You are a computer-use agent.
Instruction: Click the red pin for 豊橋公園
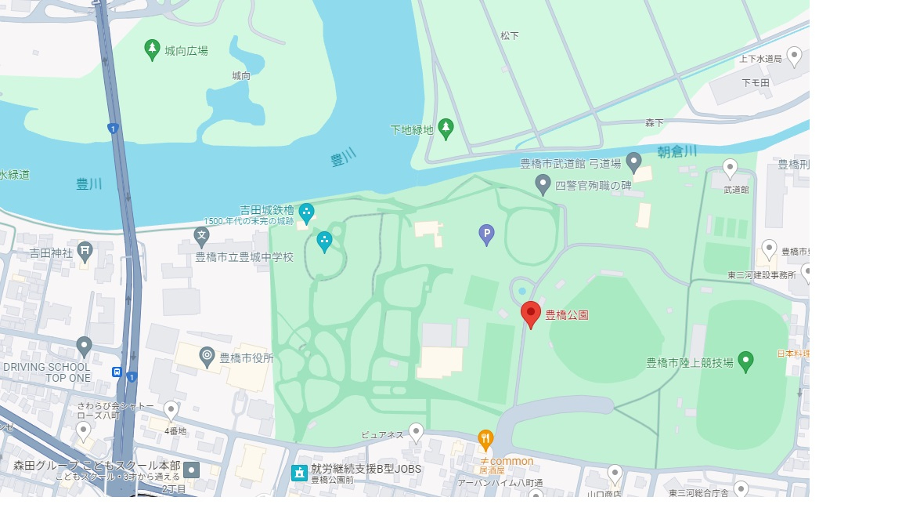point(531,313)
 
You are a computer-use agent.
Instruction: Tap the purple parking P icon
point(486,234)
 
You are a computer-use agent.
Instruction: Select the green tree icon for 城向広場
point(153,49)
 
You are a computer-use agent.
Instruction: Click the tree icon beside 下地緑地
point(446,128)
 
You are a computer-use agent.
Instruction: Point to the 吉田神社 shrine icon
point(85,252)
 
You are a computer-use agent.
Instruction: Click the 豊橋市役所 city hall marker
point(207,357)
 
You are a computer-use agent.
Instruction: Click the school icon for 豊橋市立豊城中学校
point(202,235)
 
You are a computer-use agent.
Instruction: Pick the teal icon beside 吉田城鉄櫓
point(307,211)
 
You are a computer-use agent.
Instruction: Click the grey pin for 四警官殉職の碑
point(543,184)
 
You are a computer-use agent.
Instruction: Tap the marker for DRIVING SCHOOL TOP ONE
point(84,346)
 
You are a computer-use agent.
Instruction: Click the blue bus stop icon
point(117,372)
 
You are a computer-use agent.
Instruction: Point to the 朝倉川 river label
point(676,151)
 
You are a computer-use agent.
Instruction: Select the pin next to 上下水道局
point(794,56)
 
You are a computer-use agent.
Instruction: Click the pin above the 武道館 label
point(730,168)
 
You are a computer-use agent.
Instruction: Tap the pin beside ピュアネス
point(416,432)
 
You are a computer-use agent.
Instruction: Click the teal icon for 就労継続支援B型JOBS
point(298,472)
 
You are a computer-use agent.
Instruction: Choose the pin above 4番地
point(171,410)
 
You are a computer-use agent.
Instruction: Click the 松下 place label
point(510,36)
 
